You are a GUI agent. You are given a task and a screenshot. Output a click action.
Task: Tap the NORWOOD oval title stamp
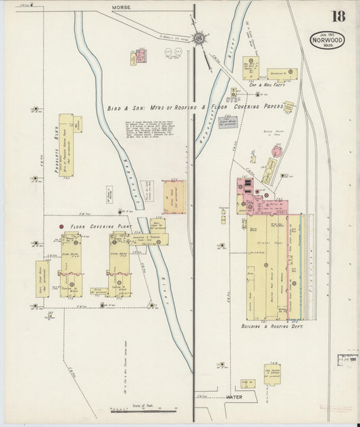pyautogui.click(x=328, y=40)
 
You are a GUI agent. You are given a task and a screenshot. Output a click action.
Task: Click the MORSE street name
pyautogui.click(x=122, y=7)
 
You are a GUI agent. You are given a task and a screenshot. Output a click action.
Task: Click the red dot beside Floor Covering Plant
pyautogui.click(x=62, y=226)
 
